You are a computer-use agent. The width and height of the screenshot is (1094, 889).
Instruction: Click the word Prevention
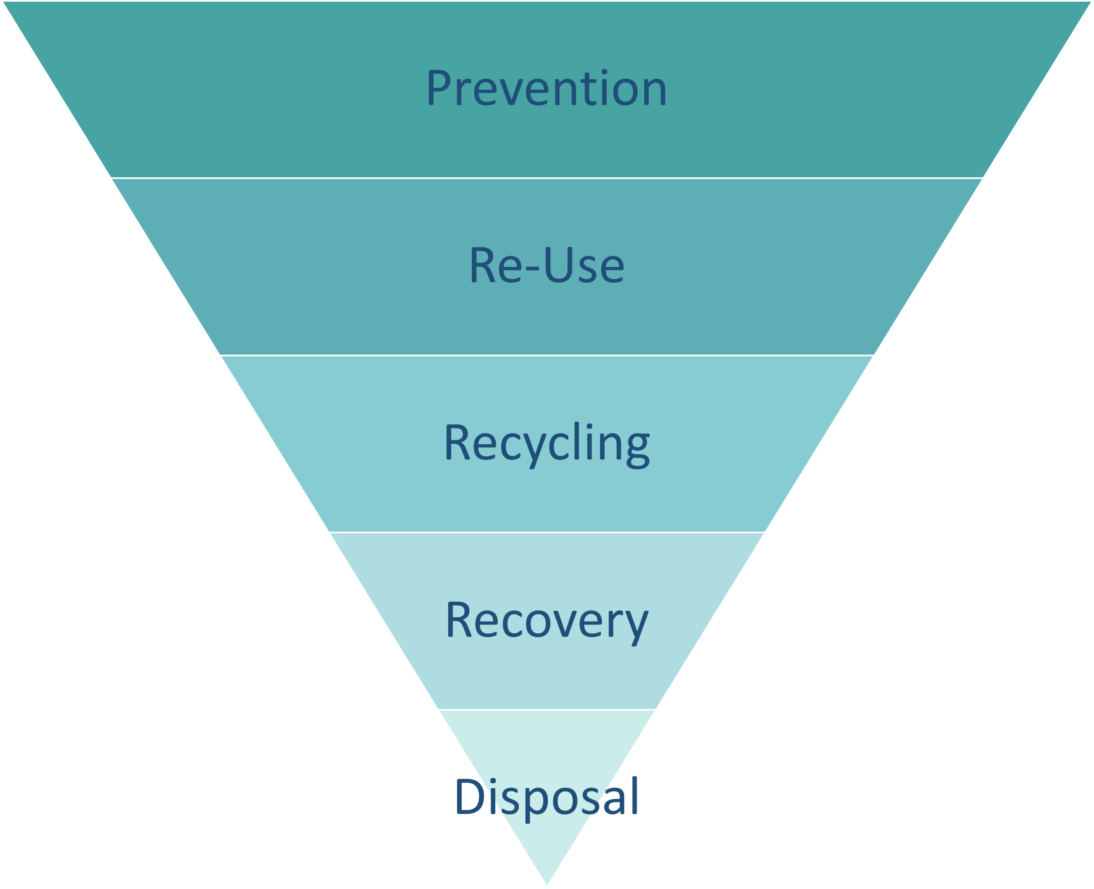point(547,88)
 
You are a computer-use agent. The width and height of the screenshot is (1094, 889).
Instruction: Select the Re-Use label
point(547,265)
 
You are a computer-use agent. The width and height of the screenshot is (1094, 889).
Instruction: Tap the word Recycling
point(547,443)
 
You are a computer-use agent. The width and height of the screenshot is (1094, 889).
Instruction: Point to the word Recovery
point(547,620)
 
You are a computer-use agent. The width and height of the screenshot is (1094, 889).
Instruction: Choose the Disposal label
point(547,797)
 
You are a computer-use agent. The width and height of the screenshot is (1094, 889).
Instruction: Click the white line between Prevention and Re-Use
point(547,178)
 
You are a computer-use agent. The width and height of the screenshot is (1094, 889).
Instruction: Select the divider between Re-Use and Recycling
point(547,355)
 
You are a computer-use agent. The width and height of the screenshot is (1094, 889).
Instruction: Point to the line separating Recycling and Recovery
point(547,532)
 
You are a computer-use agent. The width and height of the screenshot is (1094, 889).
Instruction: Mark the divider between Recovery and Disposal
point(547,709)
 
